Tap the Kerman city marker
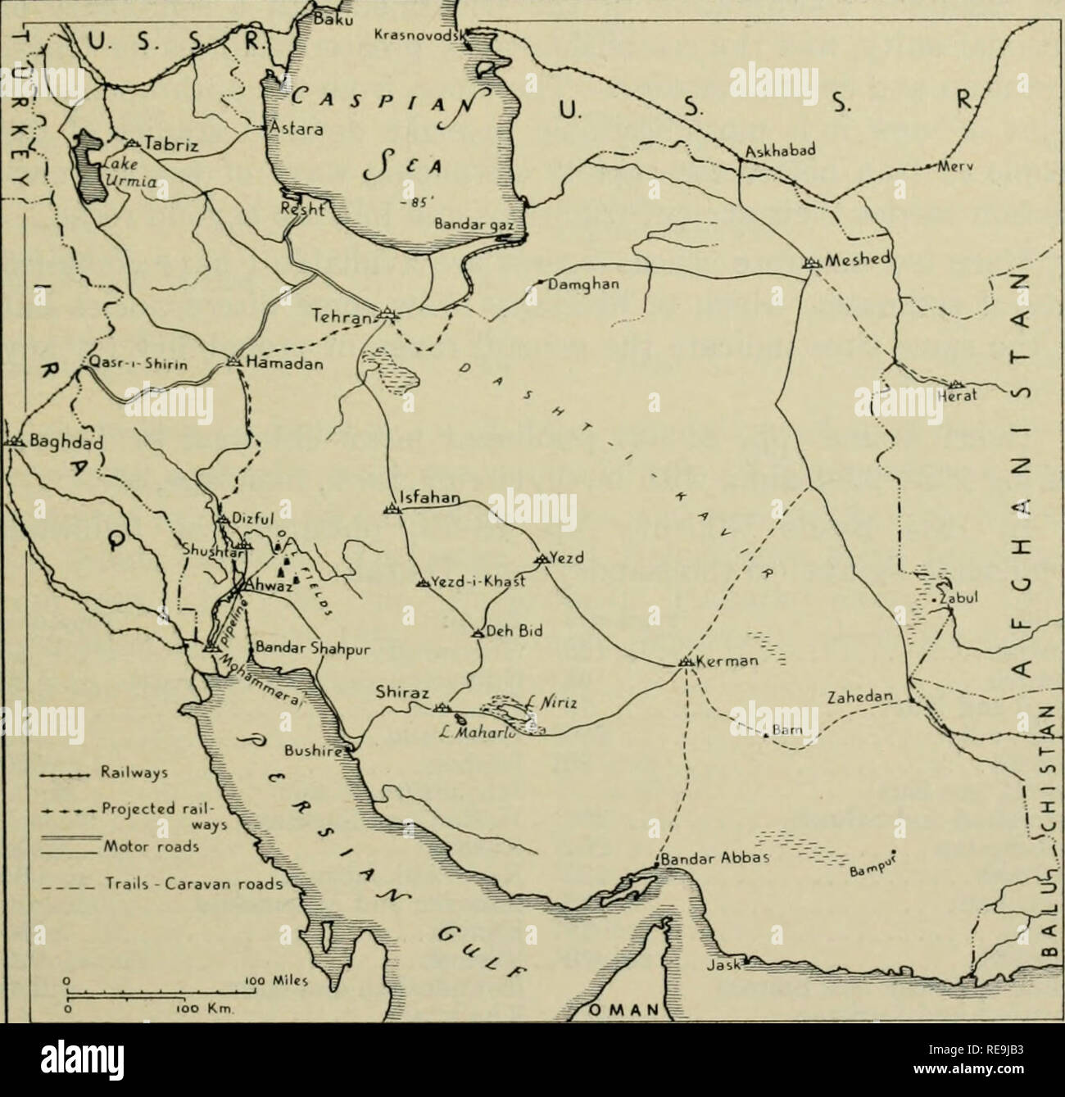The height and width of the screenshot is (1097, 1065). click(x=686, y=661)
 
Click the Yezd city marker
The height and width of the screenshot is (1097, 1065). click(x=541, y=559)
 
